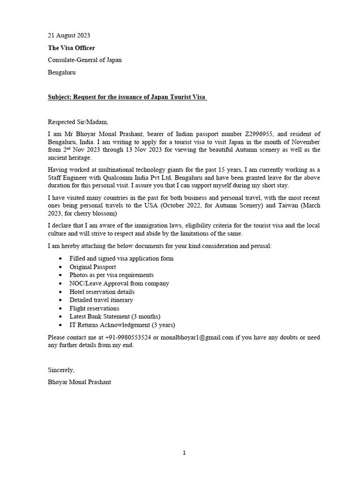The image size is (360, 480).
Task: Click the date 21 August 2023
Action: (x=69, y=35)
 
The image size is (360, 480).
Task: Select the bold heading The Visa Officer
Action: (x=71, y=47)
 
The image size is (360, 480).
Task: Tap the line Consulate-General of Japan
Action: (x=85, y=60)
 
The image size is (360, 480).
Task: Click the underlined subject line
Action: (x=127, y=97)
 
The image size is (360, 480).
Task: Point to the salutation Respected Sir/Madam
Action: (x=78, y=122)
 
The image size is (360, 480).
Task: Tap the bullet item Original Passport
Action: (x=93, y=267)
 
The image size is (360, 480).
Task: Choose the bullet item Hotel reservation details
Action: (x=102, y=292)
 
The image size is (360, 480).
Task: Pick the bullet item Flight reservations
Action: (x=94, y=308)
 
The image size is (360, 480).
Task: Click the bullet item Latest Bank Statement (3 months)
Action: (x=115, y=316)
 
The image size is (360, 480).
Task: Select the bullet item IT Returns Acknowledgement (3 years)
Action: (x=122, y=325)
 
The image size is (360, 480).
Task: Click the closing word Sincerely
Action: (x=61, y=370)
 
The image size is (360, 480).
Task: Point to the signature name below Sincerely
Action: (x=79, y=382)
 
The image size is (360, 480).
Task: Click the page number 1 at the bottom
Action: (x=184, y=452)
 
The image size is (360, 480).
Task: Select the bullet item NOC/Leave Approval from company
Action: (x=119, y=283)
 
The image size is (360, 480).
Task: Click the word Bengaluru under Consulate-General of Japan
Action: (x=62, y=73)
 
